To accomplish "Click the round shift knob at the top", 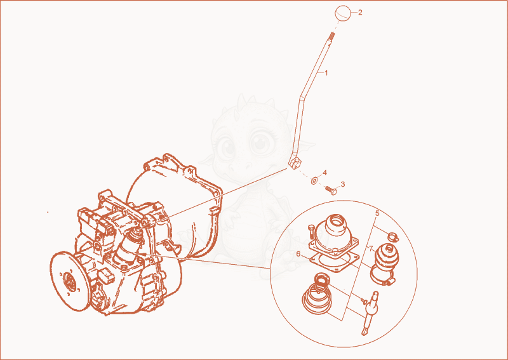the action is point(343,13).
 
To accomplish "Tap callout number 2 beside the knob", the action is point(360,13).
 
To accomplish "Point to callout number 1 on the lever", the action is point(326,73).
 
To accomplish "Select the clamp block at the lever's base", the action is point(295,163).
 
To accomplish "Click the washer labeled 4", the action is point(314,180).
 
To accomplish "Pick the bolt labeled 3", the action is point(331,190).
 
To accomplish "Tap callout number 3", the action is point(343,184).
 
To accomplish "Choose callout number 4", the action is point(324,173).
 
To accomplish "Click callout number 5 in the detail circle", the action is point(377,213).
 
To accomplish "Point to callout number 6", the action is point(298,254).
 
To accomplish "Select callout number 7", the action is point(371,249).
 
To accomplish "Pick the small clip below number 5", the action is point(393,237).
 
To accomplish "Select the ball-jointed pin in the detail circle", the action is point(370,313).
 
